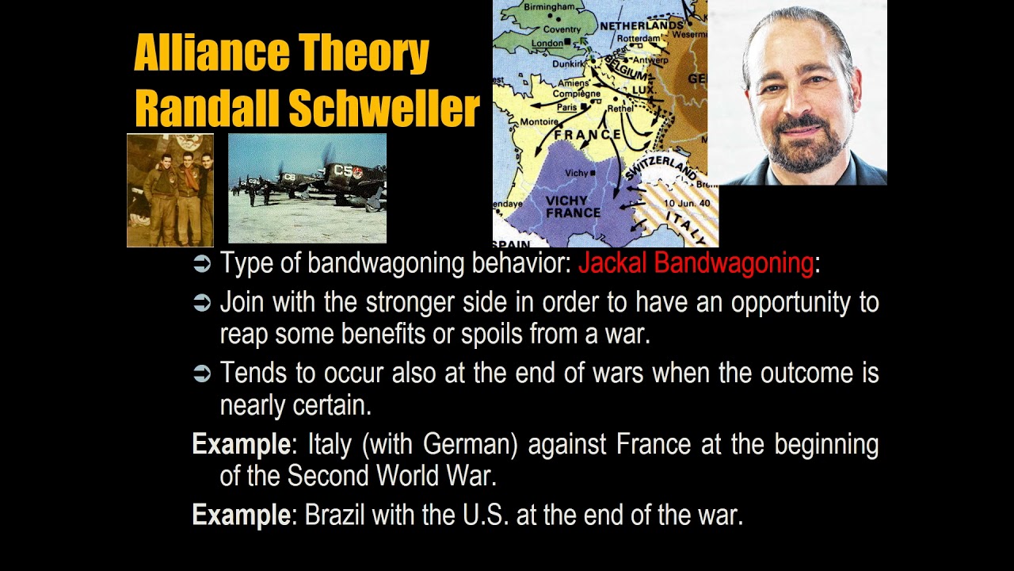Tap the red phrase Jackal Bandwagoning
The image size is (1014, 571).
click(x=696, y=263)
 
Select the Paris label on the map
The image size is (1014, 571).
click(x=566, y=107)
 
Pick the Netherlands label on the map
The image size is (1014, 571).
click(x=641, y=25)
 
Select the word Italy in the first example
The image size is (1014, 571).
click(x=330, y=444)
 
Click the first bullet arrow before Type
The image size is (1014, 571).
click(x=202, y=264)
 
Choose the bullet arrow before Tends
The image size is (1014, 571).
click(x=202, y=374)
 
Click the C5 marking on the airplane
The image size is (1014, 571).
click(x=344, y=170)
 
